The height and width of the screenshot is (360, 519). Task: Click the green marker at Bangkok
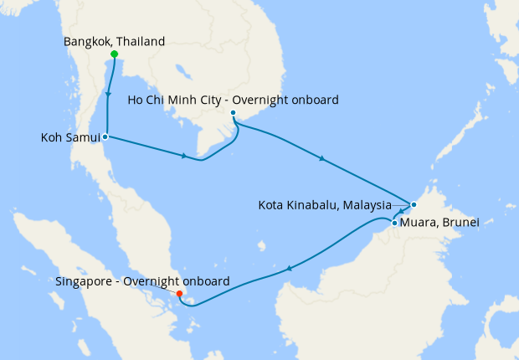[x=114, y=54]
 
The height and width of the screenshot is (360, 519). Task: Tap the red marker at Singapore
[x=180, y=294]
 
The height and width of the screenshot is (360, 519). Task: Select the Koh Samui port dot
[x=105, y=136]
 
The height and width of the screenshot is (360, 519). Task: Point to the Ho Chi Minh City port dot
[x=234, y=113]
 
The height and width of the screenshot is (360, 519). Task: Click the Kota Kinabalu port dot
[x=414, y=204]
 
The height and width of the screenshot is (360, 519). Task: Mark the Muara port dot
[x=394, y=223]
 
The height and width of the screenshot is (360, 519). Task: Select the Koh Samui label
[x=70, y=137]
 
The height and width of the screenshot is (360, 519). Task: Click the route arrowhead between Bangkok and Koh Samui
[x=109, y=93]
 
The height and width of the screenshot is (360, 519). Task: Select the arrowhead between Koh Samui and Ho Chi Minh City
[x=184, y=156]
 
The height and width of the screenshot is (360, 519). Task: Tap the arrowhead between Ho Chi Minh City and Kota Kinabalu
[x=322, y=158]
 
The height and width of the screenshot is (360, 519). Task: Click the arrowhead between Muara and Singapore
[x=289, y=269]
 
